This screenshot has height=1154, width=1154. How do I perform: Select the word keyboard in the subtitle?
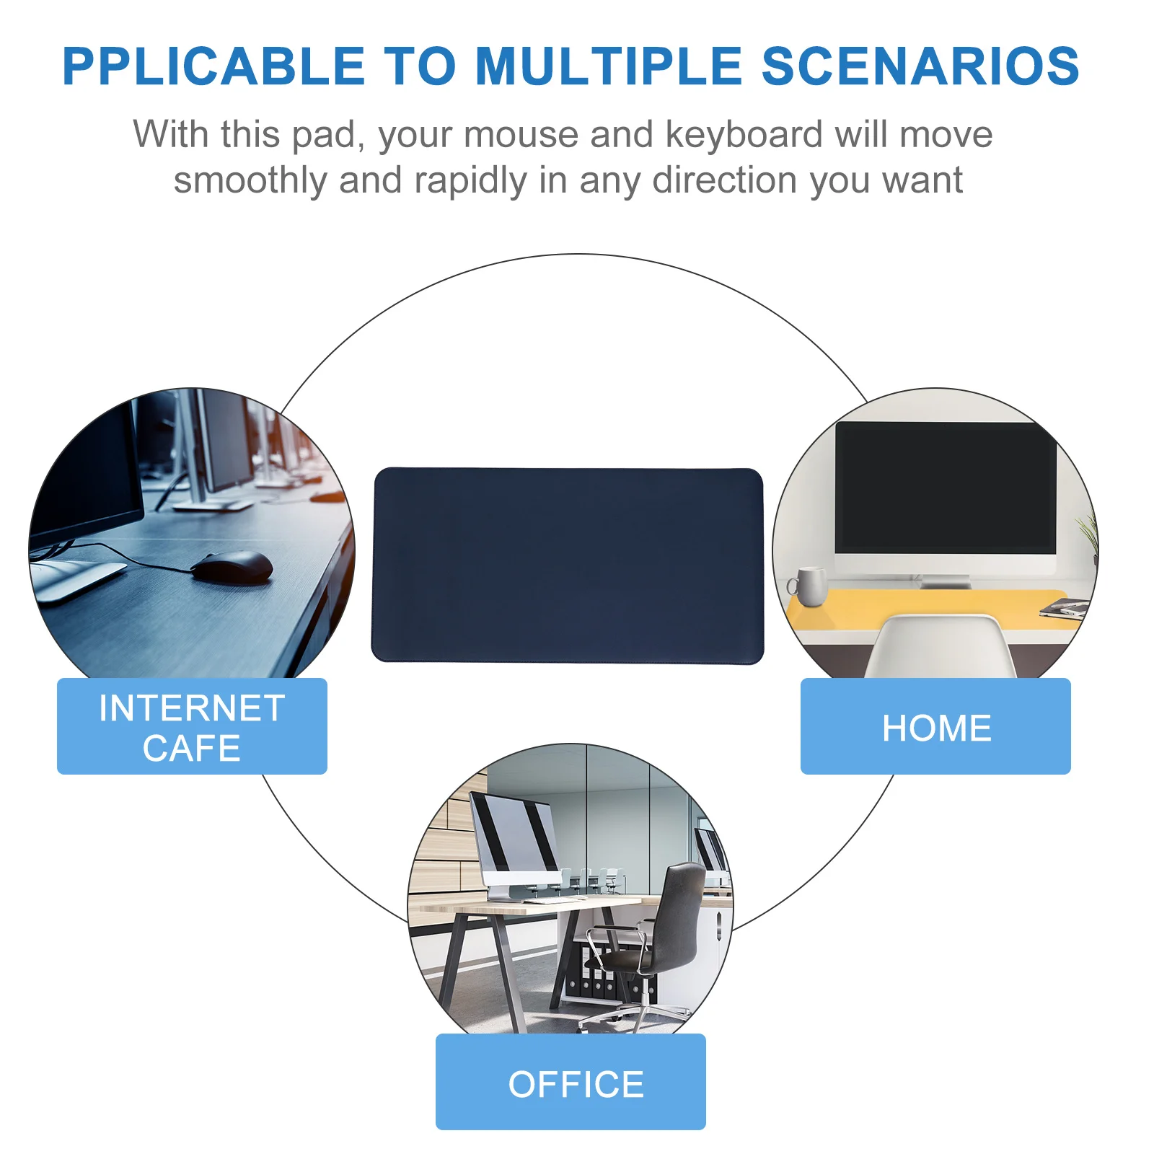744,135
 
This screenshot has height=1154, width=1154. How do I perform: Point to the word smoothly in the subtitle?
250,180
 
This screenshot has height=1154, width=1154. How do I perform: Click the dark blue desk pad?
568,565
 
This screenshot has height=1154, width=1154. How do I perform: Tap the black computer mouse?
232,566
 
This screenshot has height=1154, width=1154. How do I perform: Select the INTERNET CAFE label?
192,726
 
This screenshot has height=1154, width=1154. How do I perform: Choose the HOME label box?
935,726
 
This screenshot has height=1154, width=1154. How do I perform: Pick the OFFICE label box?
571,1082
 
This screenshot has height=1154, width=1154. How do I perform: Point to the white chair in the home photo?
941,646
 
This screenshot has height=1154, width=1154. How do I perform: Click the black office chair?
667,930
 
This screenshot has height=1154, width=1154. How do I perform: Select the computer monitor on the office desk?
512,840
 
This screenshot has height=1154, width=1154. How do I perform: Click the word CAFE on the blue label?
192,748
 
